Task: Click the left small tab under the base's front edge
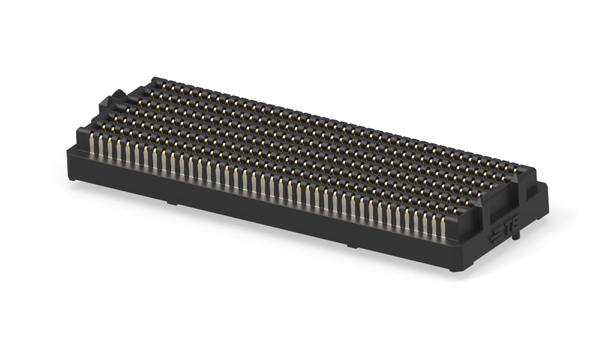[x=172, y=203]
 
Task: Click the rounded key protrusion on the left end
[x=118, y=95]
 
